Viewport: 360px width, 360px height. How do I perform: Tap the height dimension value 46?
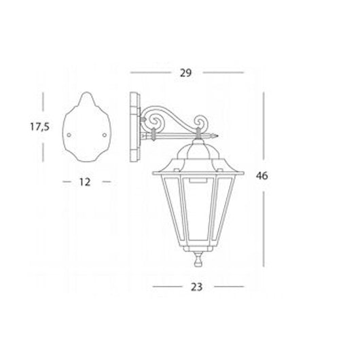262,175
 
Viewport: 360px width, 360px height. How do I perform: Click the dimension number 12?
85,181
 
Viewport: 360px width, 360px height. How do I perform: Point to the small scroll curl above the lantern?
202,125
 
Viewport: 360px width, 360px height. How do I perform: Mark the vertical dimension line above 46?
262,129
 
